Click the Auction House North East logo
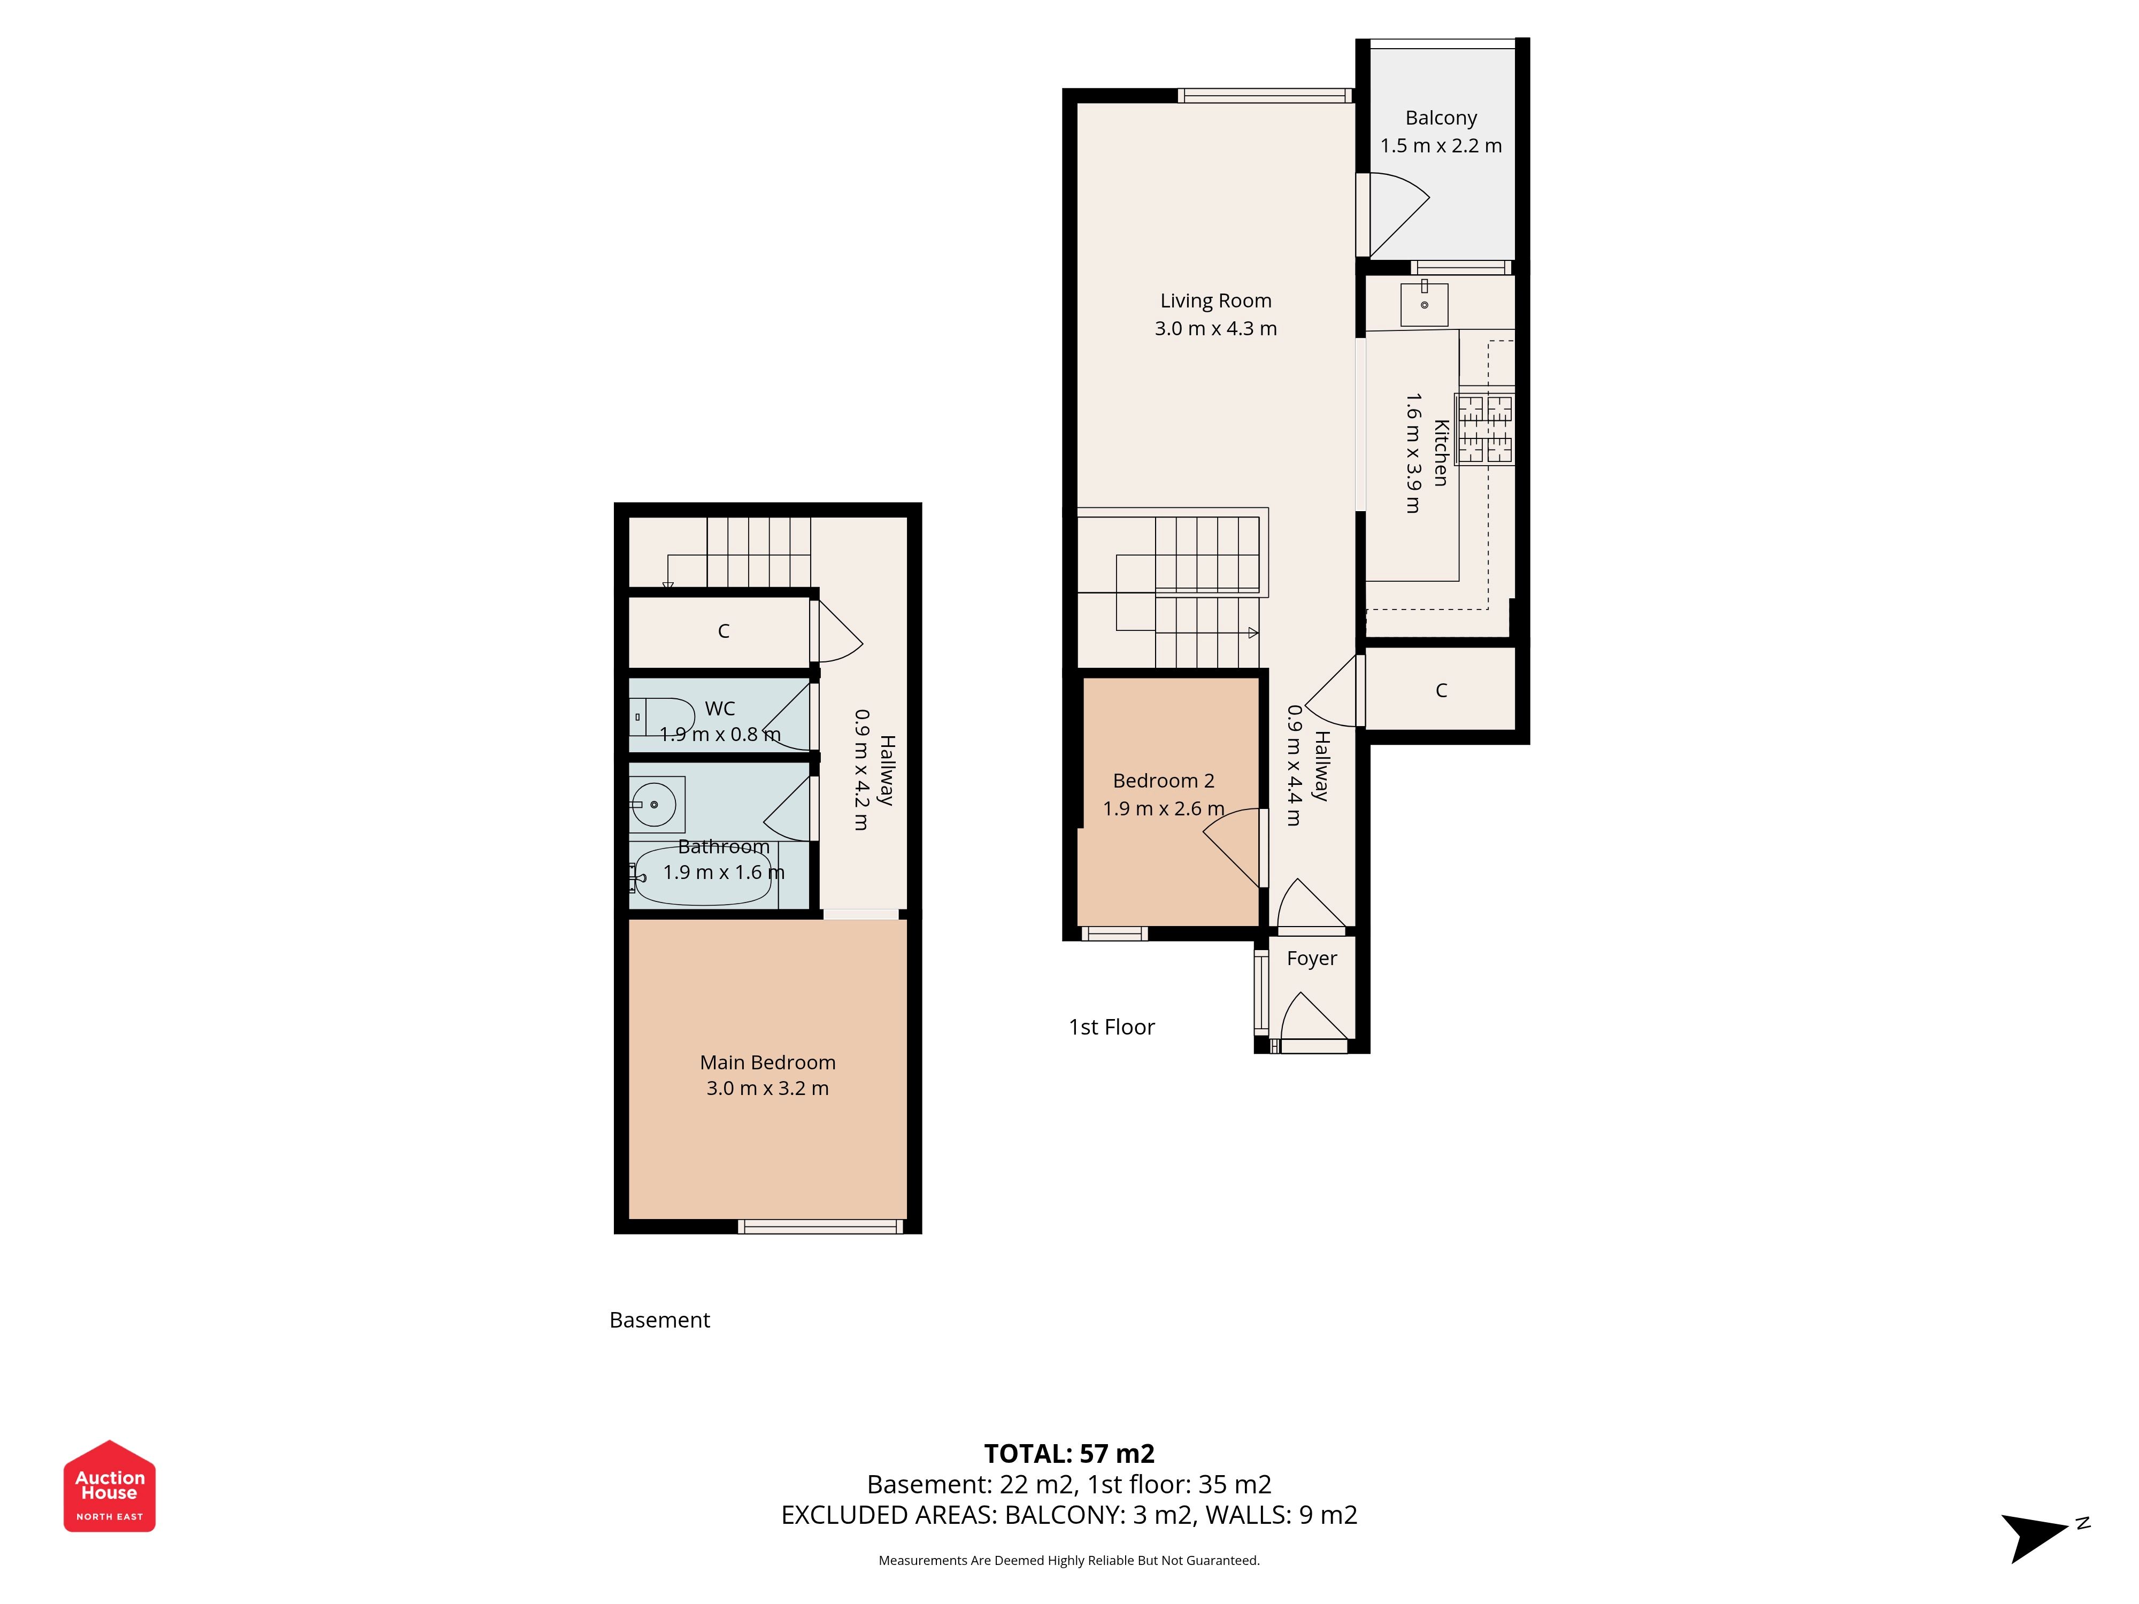tap(109, 1486)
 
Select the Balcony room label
tap(1441, 118)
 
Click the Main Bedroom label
tap(768, 1062)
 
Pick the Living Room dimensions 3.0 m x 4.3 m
tap(1215, 329)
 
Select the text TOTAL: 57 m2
tap(1069, 1454)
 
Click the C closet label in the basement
tap(724, 631)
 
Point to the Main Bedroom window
tap(820, 1227)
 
